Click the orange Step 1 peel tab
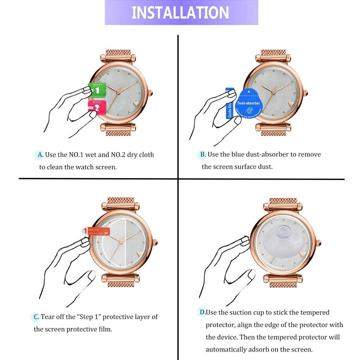coord(95,231)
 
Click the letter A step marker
coord(40,155)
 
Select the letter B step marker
coord(203,155)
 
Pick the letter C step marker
coord(36,317)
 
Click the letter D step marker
coord(202,312)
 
